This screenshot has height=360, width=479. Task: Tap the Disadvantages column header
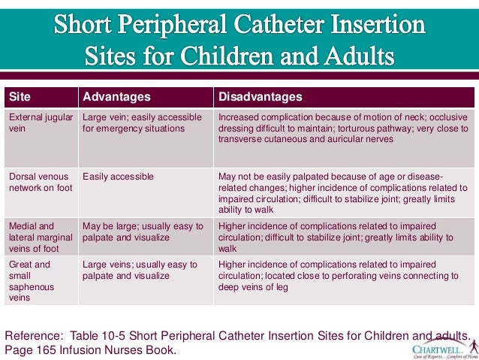pos(260,97)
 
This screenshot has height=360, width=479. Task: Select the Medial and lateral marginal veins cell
pos(41,236)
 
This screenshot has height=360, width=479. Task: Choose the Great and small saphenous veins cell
pos(41,280)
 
